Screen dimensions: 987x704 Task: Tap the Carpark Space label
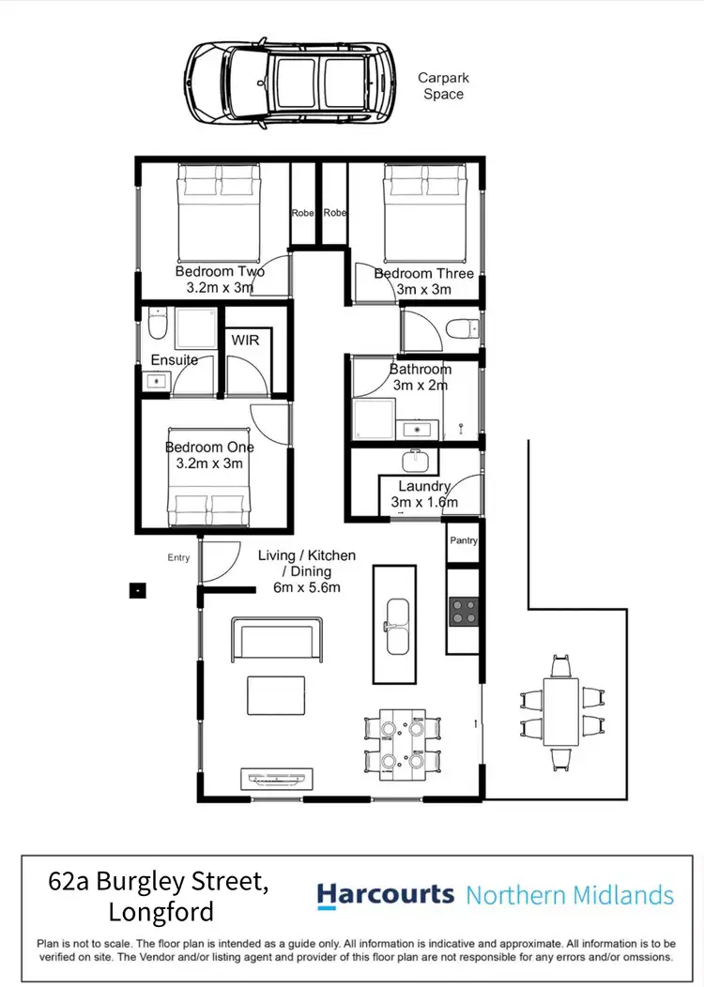click(x=442, y=86)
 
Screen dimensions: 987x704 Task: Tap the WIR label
click(x=245, y=340)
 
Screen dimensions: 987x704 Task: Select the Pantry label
click(x=464, y=540)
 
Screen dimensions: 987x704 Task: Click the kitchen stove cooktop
click(x=464, y=612)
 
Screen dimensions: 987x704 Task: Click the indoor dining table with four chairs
click(x=402, y=744)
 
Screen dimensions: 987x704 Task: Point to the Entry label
click(x=178, y=558)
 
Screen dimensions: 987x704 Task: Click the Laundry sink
click(x=416, y=461)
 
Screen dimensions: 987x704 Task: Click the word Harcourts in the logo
click(x=385, y=895)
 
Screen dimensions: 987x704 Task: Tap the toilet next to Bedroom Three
click(x=461, y=328)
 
